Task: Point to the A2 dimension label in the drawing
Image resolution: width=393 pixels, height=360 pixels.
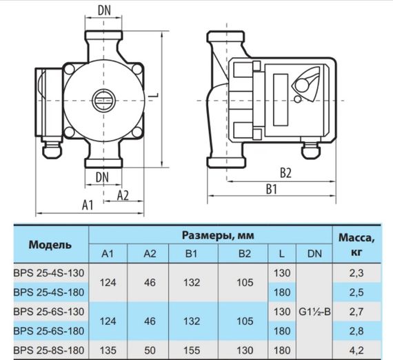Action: click(x=123, y=195)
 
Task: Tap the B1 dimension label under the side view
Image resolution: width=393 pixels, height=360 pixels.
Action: click(x=271, y=189)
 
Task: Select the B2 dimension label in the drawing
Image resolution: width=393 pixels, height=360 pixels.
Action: click(x=286, y=172)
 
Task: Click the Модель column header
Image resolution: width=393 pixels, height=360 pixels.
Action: click(x=50, y=245)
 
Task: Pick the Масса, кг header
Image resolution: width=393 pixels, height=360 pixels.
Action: click(x=356, y=245)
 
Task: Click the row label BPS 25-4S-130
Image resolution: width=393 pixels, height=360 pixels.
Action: click(x=50, y=274)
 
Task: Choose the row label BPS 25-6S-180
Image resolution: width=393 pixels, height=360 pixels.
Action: click(x=50, y=332)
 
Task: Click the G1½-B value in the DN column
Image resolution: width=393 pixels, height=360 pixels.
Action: click(x=315, y=312)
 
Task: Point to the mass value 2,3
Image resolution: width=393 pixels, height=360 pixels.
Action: click(x=356, y=274)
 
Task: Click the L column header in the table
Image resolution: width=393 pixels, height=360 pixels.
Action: click(x=281, y=254)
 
